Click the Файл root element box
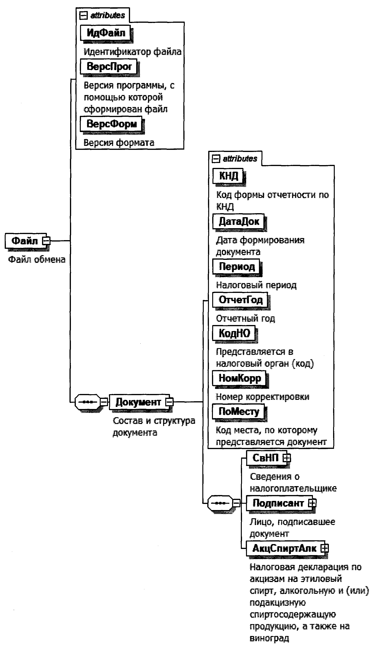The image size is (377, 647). click(x=25, y=241)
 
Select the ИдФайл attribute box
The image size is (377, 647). click(x=106, y=33)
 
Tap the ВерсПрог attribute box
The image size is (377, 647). click(x=109, y=67)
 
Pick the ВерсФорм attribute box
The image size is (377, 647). click(x=111, y=124)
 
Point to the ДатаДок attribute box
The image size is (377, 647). click(x=239, y=221)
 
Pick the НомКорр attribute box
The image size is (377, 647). click(x=239, y=378)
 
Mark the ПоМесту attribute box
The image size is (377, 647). click(x=239, y=411)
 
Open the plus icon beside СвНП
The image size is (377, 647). click(x=287, y=458)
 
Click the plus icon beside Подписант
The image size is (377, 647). click(x=312, y=503)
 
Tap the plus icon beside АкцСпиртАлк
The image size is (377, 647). click(x=325, y=549)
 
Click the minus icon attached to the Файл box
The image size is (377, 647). click(x=46, y=241)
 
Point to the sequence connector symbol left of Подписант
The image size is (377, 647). click(x=220, y=503)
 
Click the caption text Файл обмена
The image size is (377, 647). click(x=37, y=260)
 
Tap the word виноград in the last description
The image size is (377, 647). click(x=269, y=638)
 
